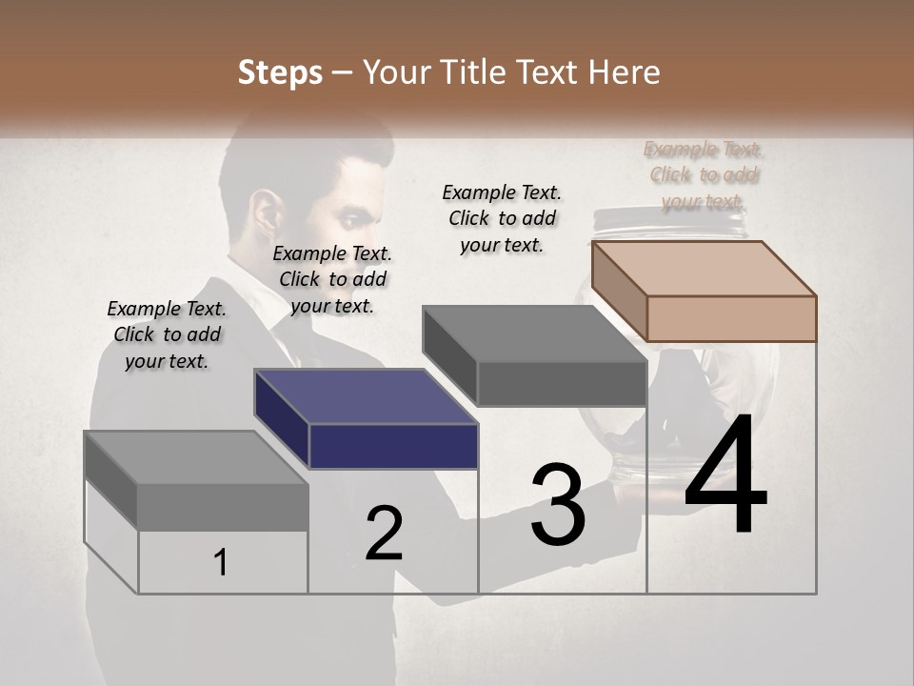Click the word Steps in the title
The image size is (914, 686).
coord(280,72)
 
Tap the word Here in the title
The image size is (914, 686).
coord(624,72)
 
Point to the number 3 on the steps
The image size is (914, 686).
coord(558,504)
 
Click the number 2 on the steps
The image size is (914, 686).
coord(384,535)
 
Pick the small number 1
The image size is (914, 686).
coord(220,563)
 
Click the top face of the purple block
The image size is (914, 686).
coord(366,396)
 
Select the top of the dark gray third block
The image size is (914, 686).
coord(534,334)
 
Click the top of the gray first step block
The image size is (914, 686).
coord(196,457)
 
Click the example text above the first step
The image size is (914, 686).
coord(167,334)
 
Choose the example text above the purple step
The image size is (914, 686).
coord(332,279)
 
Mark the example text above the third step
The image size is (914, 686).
coord(502,218)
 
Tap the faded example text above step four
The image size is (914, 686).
coord(705,175)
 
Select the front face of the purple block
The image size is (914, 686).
coord(393,446)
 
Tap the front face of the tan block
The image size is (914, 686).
coord(731,318)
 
